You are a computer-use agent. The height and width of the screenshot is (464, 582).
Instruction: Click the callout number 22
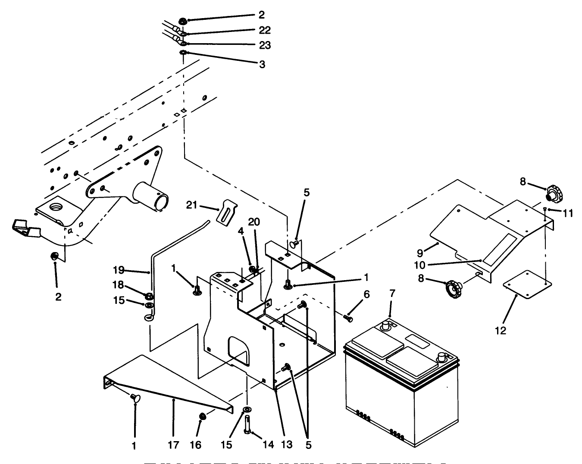[x=265, y=30]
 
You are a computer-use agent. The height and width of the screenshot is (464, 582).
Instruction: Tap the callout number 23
[x=265, y=45]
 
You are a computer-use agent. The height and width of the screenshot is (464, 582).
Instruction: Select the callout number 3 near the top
[x=262, y=64]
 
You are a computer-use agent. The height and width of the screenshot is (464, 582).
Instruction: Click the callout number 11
[x=568, y=213]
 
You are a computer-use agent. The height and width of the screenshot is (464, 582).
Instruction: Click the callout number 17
[x=173, y=445]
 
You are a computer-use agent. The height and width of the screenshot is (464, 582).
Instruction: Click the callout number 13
[x=287, y=445]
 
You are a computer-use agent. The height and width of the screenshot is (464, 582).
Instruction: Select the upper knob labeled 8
[x=553, y=193]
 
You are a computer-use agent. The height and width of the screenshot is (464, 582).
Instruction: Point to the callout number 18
[x=118, y=285]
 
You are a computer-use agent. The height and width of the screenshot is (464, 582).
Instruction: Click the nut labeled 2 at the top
[x=182, y=21]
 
